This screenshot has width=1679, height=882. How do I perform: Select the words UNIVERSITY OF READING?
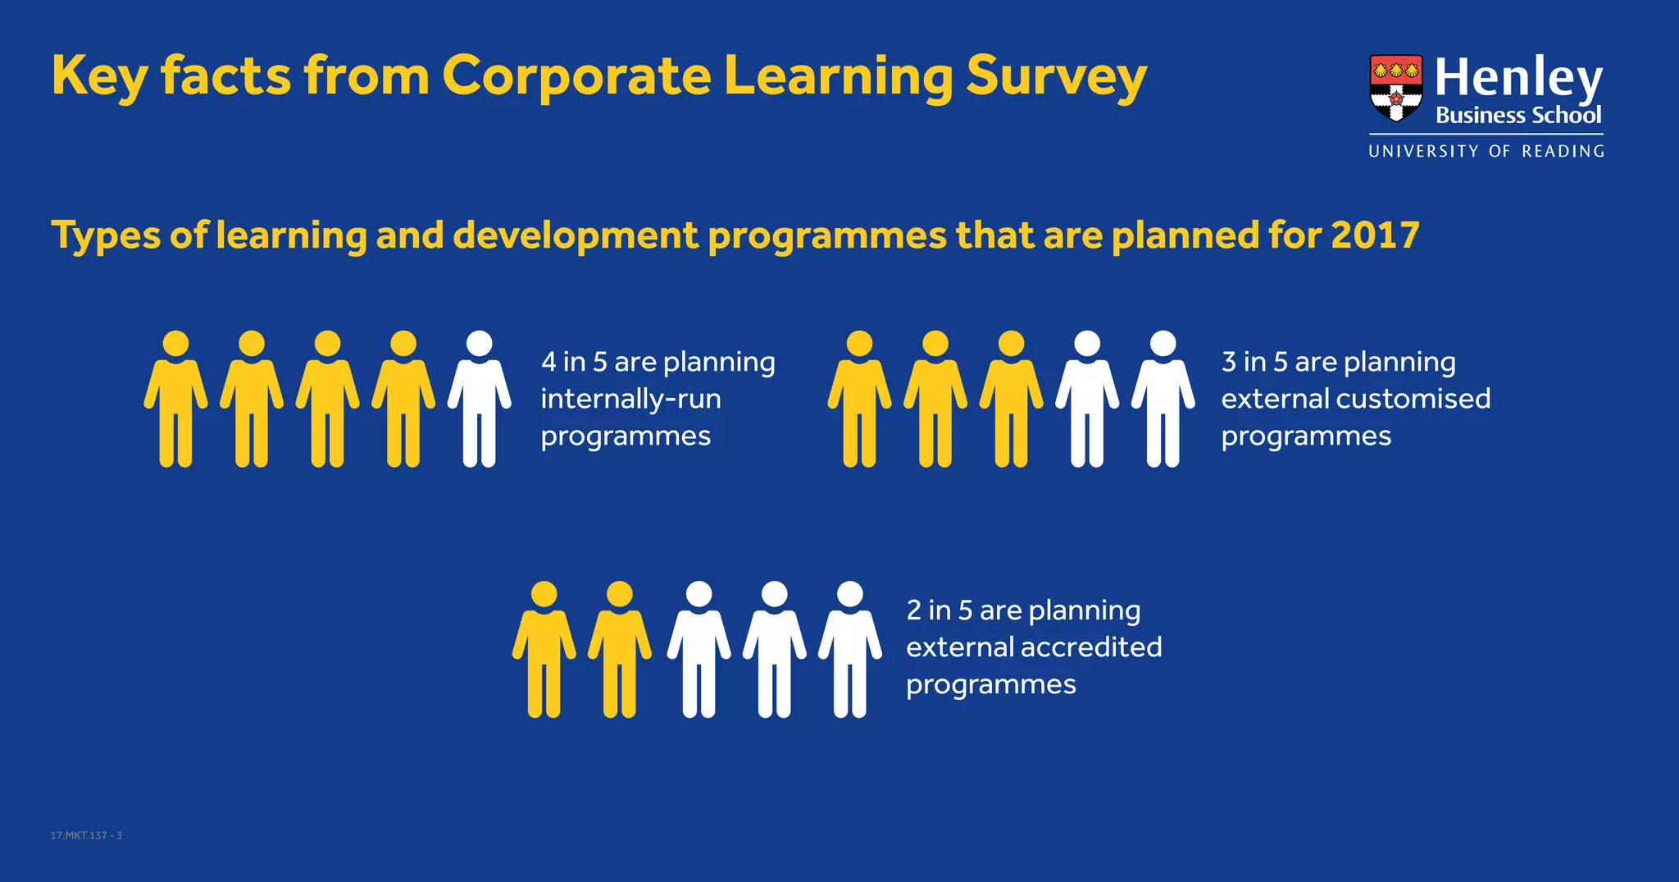(x=1486, y=151)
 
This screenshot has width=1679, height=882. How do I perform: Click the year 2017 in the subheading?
(x=1375, y=235)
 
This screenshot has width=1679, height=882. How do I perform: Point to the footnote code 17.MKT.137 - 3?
(x=86, y=835)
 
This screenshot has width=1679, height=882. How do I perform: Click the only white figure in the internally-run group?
(x=479, y=400)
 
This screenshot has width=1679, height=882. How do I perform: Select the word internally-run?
(x=630, y=399)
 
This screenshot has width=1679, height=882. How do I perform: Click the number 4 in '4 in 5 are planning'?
(x=548, y=362)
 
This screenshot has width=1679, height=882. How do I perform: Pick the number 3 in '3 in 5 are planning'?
(x=1229, y=362)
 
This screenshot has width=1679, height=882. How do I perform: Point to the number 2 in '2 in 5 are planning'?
(x=914, y=610)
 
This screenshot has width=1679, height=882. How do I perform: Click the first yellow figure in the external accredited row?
(x=544, y=650)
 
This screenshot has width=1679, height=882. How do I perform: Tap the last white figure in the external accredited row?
(x=850, y=650)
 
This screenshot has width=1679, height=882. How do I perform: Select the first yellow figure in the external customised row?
(x=859, y=400)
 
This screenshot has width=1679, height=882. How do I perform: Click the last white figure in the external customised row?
(x=1163, y=400)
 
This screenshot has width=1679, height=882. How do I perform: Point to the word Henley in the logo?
(x=1518, y=78)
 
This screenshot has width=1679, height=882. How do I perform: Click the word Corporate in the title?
(x=576, y=76)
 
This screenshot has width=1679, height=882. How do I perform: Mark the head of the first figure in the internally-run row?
(x=175, y=344)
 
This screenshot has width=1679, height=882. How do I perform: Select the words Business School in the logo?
(x=1518, y=116)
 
